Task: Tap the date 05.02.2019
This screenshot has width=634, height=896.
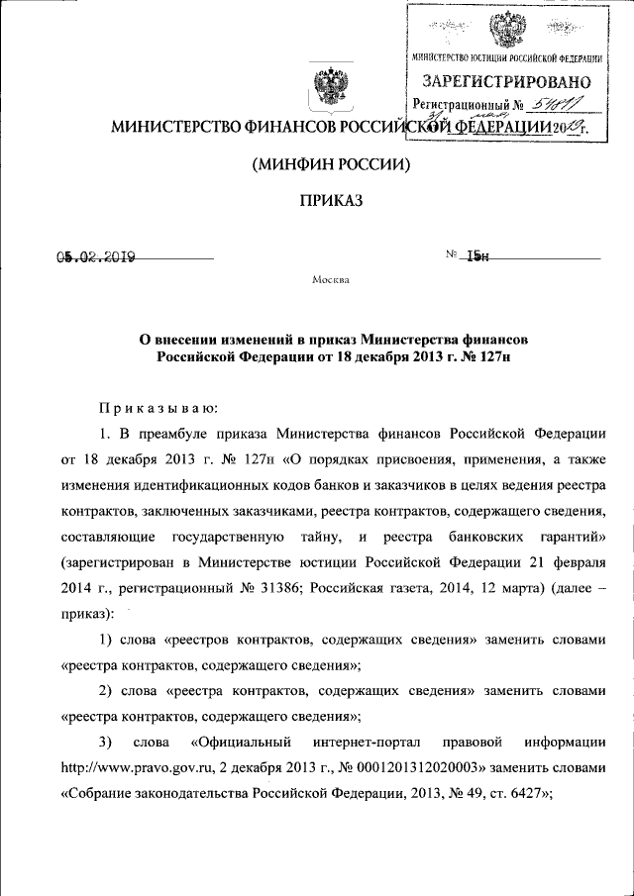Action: pyautogui.click(x=95, y=257)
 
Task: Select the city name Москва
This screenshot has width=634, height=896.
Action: pyautogui.click(x=330, y=279)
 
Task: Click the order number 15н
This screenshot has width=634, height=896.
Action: pyautogui.click(x=477, y=257)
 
